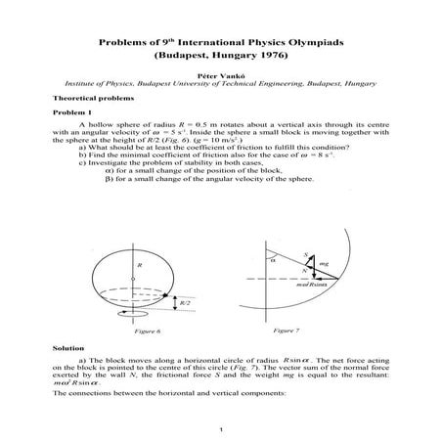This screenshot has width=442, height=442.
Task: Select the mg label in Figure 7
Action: coord(324,263)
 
